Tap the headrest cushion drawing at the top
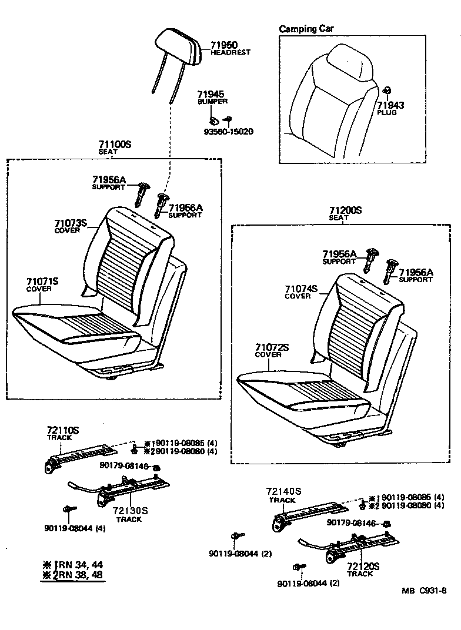pyautogui.click(x=178, y=46)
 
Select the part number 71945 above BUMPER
pyautogui.click(x=211, y=94)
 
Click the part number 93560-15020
pyautogui.click(x=226, y=131)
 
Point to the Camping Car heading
pyautogui.click(x=307, y=29)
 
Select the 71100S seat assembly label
pyautogui.click(x=115, y=144)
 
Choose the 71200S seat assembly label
pyautogui.click(x=345, y=210)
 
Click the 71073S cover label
pyautogui.click(x=71, y=223)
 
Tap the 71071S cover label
pyautogui.click(x=42, y=282)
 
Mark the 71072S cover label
pyautogui.click(x=272, y=347)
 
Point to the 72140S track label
pyautogui.click(x=283, y=492)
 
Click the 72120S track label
pyautogui.click(x=363, y=567)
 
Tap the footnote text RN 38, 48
pyautogui.click(x=79, y=574)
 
